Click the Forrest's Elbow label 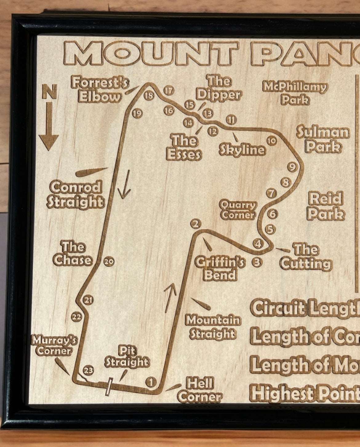tap(100, 90)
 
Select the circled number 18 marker tap(149, 95)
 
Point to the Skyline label tap(242, 150)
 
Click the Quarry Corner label tap(238, 210)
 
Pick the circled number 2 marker tap(196, 224)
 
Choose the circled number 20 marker tap(109, 262)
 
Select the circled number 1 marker tap(151, 382)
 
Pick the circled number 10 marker tap(272, 141)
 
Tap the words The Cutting tap(306, 257)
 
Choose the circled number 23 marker tap(89, 370)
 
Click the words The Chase tap(73, 253)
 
